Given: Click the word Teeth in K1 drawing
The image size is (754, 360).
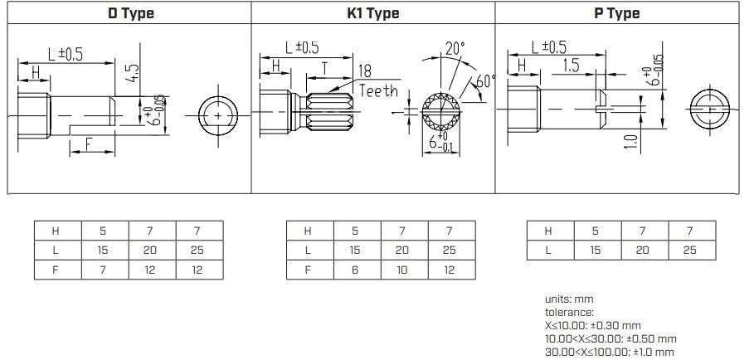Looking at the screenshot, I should (378, 91).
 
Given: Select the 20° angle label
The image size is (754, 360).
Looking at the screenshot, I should (454, 49).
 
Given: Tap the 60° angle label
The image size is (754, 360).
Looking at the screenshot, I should (484, 81).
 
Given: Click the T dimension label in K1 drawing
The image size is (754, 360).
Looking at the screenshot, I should (324, 66).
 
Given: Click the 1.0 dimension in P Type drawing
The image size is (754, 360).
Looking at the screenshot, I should (631, 143).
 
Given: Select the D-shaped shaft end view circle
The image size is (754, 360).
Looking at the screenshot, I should (219, 117).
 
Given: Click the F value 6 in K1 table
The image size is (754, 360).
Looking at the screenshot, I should (355, 270).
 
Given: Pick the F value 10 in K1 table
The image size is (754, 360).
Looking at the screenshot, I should (402, 270).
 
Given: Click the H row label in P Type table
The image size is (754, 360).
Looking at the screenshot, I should (547, 231).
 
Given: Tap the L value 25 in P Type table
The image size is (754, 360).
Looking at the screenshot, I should (689, 250).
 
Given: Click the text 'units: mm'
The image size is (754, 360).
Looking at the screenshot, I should (569, 299).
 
